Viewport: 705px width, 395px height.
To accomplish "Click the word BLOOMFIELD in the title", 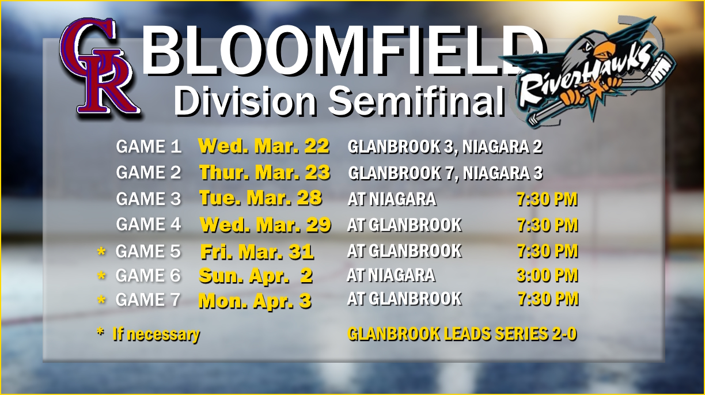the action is pos(344,50).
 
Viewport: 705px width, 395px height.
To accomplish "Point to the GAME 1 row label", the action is pos(149,147).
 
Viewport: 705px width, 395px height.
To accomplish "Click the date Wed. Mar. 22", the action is pos(264,146).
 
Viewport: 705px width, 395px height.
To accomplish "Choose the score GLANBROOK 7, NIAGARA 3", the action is pos(445,173).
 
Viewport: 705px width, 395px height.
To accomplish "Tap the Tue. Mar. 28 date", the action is pos(260,198).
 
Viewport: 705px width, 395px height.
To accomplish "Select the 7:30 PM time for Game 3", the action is pos(547,199).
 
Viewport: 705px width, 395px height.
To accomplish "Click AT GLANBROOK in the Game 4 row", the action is pos(404,225).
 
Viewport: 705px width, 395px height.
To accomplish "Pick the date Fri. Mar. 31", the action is pos(257,252).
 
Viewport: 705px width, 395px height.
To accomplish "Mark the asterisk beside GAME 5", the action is pos(101,252).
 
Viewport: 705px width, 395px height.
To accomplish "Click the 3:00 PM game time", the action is pos(547,275).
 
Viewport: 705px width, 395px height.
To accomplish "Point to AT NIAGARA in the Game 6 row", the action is pos(391,275).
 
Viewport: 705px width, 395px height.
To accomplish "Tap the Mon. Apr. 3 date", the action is pos(255,301).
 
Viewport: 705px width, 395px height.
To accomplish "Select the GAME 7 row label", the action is pos(148,299).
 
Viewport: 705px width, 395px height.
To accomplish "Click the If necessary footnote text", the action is pos(156,335).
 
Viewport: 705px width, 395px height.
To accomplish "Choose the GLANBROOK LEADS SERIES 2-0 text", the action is pos(462,334).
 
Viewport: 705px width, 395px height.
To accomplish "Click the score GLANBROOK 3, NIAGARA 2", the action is pos(445,147).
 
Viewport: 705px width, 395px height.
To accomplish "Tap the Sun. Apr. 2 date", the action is pos(256,276).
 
